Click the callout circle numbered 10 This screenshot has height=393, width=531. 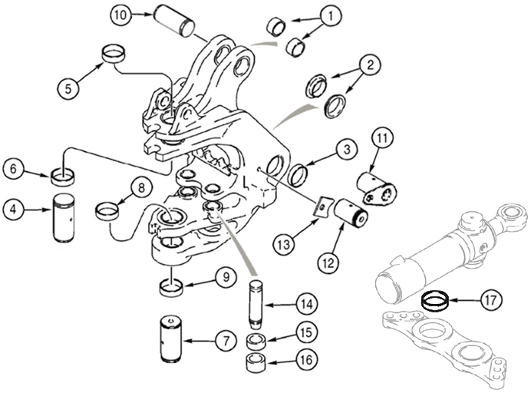pos(120,15)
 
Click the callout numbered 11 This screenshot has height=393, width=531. pos(381,139)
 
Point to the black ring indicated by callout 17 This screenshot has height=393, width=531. pos(435,299)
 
